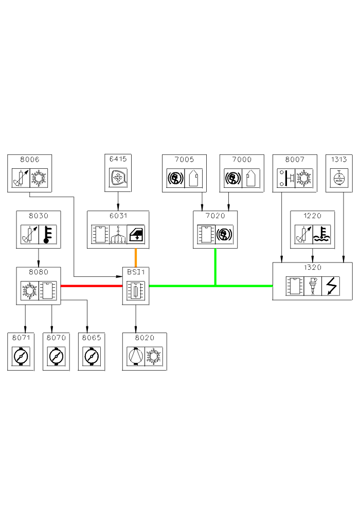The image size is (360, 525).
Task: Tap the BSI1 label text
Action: (136, 272)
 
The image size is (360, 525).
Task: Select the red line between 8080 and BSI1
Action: (92, 286)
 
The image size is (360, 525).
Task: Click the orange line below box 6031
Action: (136, 257)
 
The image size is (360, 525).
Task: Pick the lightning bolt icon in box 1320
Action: (330, 286)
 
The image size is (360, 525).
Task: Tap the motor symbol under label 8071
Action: (21, 356)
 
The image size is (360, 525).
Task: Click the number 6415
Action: (118, 159)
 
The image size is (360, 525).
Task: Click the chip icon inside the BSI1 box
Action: (136, 291)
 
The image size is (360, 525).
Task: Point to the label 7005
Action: (184, 160)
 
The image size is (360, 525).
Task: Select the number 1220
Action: (313, 216)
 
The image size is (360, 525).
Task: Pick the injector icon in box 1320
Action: (312, 286)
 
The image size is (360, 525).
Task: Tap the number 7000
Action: (241, 160)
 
